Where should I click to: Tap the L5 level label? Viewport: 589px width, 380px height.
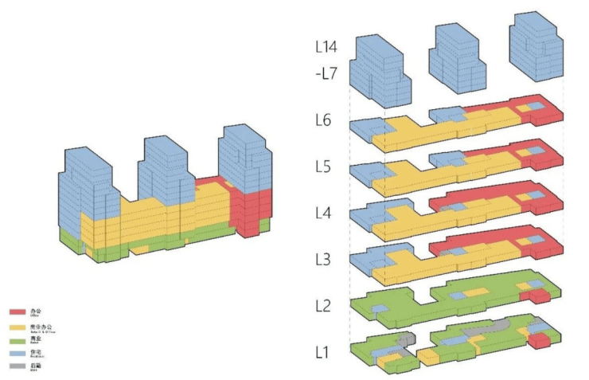tap(326, 168)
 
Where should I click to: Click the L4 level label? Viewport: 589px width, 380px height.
tap(326, 214)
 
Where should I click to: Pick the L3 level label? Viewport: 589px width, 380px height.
tap(326, 259)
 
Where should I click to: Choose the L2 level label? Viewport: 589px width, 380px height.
tap(326, 306)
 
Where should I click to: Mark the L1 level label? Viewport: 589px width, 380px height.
tap(325, 351)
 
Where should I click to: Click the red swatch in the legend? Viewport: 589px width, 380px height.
tap(17, 312)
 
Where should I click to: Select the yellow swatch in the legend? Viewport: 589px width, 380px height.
tap(17, 327)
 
